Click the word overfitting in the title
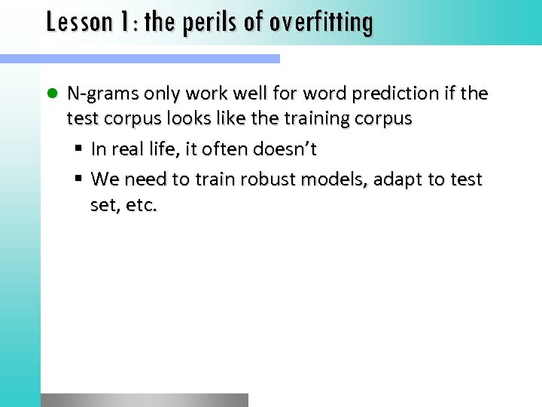pos(321,22)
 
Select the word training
pos(329,119)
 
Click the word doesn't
pos(290,149)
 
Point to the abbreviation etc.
pos(140,205)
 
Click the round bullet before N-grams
pos(51,94)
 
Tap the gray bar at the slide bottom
pos(144,399)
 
